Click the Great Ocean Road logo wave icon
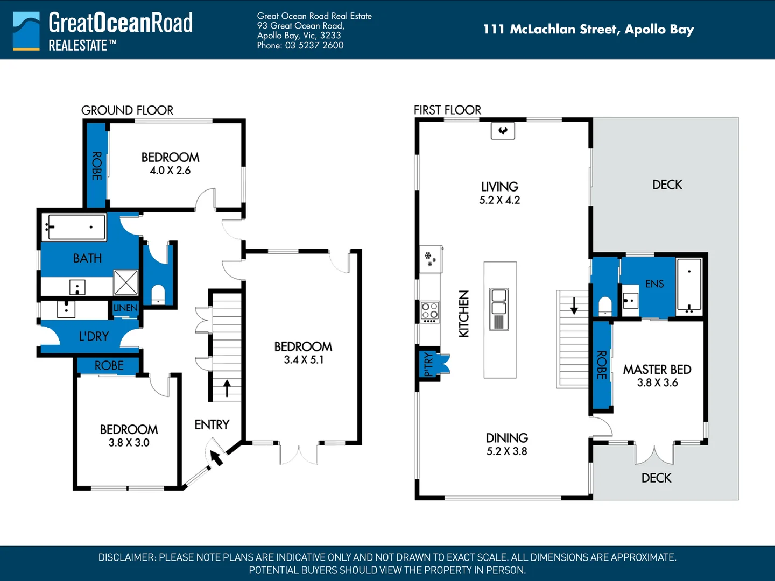[x=26, y=31]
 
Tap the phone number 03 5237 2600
[x=314, y=46]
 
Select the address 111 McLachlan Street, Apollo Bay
[x=589, y=29]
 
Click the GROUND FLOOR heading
[x=127, y=110]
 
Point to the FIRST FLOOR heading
[x=447, y=110]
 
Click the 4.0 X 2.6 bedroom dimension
[x=170, y=171]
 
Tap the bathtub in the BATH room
[x=74, y=228]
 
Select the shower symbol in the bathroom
[x=126, y=282]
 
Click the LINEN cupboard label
[x=125, y=308]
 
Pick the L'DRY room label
[x=94, y=337]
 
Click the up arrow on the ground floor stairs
[x=227, y=388]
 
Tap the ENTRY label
[x=212, y=425]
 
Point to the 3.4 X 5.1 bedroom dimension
[x=304, y=360]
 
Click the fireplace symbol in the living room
[x=503, y=131]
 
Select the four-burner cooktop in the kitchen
[x=429, y=312]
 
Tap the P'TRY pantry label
[x=428, y=364]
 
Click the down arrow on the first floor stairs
[x=574, y=306]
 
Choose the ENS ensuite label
[x=654, y=284]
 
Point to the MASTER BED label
[x=657, y=370]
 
